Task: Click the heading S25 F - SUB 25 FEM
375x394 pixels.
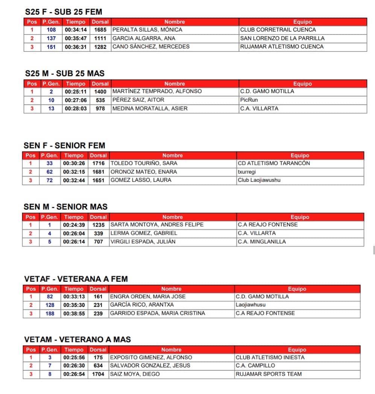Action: coord(64,12)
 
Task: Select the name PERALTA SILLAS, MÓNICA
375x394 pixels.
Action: coord(147,30)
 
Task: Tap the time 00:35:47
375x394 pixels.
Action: coord(76,38)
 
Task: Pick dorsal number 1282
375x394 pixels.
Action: coord(100,47)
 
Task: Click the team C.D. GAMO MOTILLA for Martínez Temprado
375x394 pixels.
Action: coord(267,91)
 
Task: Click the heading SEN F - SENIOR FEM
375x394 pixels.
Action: coord(64,145)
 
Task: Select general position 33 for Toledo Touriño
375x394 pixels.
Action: coord(50,163)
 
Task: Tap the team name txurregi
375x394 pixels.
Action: coord(247,172)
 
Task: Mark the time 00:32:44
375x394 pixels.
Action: coord(74,180)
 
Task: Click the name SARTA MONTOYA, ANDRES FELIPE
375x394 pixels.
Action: coord(157,225)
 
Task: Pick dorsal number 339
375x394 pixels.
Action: coord(99,233)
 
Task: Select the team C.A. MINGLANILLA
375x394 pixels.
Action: coord(262,242)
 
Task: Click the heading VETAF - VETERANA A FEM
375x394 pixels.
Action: coord(76,279)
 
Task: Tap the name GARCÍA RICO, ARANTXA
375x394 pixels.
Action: coord(142,305)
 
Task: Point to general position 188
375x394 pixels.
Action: coord(50,314)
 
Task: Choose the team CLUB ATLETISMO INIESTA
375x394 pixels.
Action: coord(270,358)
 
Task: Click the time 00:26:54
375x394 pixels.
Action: coord(74,374)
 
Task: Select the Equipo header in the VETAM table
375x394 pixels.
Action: coord(297,350)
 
